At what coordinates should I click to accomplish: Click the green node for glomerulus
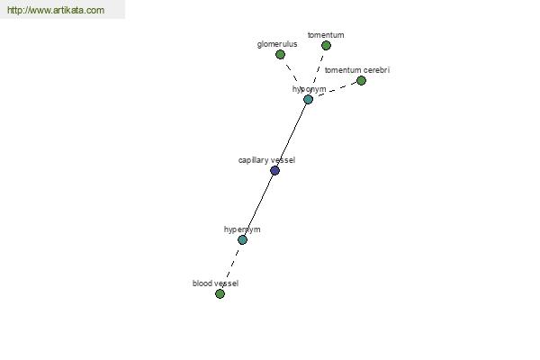(280, 54)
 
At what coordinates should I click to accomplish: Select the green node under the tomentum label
(326, 46)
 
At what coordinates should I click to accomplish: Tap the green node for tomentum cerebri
(361, 81)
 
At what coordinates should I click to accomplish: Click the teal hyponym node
(308, 100)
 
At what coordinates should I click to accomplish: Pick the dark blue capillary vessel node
(274, 170)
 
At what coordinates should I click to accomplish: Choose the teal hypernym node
(242, 239)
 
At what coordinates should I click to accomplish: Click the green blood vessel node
(220, 294)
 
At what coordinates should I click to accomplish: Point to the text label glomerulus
(277, 44)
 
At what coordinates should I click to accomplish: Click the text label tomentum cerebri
(357, 70)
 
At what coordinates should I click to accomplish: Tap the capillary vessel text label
(266, 160)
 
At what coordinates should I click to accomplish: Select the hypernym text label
(242, 229)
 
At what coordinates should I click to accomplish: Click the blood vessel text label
(216, 283)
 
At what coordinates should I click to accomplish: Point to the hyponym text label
(310, 89)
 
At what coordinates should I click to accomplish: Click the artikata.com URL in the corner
(56, 10)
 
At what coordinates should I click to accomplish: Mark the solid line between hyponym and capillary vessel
(292, 135)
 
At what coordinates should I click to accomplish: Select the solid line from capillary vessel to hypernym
(258, 205)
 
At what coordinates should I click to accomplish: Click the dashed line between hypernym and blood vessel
(232, 265)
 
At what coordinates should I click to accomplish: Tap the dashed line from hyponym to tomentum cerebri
(335, 90)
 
